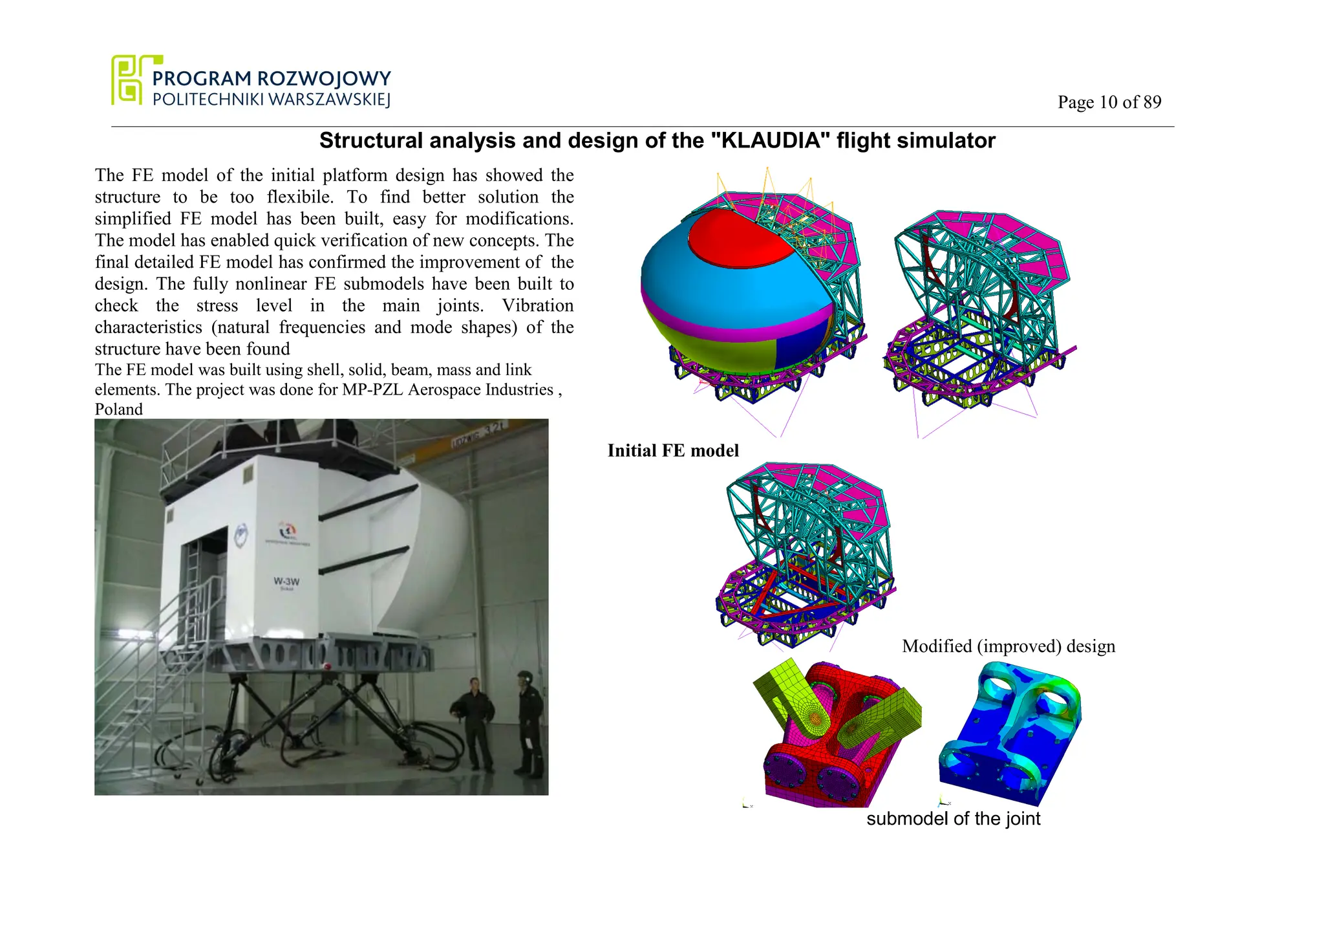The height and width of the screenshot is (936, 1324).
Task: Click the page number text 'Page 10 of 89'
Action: [x=1109, y=102]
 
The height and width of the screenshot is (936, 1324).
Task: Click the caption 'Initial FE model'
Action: [x=672, y=451]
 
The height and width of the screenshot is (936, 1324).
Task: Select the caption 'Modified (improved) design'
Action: [x=1008, y=646]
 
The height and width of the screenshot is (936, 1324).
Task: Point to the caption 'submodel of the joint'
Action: [x=953, y=819]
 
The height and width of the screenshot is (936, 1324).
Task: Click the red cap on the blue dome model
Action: [x=743, y=236]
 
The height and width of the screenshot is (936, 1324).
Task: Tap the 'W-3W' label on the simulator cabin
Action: [x=286, y=582]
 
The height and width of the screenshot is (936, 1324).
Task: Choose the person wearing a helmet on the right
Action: [x=529, y=721]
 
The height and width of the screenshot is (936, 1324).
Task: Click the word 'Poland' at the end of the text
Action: [x=119, y=409]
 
